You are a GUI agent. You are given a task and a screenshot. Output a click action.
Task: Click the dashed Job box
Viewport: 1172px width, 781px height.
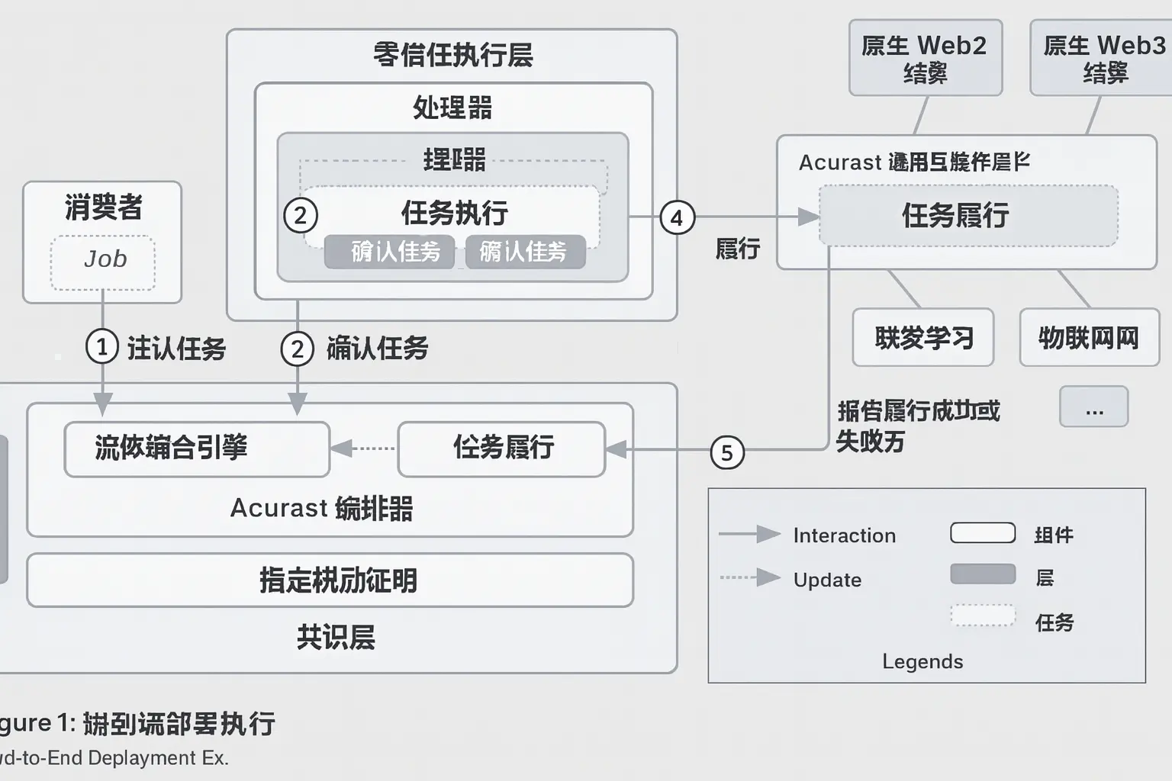coord(103,262)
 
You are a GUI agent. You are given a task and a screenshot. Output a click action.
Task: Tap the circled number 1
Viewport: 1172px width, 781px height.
coord(102,347)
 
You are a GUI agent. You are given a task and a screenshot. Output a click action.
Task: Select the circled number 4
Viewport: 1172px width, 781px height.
coord(677,217)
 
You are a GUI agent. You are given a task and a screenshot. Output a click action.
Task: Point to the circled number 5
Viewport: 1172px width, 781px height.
coord(727,452)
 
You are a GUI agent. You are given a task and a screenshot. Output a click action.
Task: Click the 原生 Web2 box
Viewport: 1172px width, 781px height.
coord(925,58)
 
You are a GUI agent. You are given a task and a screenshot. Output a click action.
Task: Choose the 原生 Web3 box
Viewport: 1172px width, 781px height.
coord(1103,58)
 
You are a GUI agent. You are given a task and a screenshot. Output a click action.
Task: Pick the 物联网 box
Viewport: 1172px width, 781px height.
coord(1089,337)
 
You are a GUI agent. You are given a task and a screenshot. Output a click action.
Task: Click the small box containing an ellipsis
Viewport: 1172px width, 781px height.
coord(1093,407)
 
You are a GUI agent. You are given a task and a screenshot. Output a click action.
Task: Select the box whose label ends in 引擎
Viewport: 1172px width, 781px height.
coord(197,449)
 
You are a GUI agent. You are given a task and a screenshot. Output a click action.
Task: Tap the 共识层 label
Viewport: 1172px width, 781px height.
coord(336,637)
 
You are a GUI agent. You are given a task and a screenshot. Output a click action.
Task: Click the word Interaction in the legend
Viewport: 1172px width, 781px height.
coord(844,535)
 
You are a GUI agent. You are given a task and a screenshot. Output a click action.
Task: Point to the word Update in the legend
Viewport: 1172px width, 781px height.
coord(827,580)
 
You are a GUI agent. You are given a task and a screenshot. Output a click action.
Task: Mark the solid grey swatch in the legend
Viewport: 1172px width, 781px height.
coord(983,574)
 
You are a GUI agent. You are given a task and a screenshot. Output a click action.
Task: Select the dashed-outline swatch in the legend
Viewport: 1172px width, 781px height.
coord(983,615)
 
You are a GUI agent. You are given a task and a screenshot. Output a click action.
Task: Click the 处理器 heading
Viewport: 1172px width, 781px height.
coord(452,108)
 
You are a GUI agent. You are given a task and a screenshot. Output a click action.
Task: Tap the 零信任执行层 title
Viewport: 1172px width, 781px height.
coord(452,55)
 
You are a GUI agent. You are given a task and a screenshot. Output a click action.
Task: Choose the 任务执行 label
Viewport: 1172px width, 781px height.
coord(455,213)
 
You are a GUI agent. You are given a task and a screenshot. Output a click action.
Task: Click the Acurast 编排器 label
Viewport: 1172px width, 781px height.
coord(321,508)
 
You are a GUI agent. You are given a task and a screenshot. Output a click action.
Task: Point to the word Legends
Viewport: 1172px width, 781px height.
coord(922,661)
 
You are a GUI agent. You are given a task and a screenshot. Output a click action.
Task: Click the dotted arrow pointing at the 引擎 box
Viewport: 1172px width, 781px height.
coord(364,448)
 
